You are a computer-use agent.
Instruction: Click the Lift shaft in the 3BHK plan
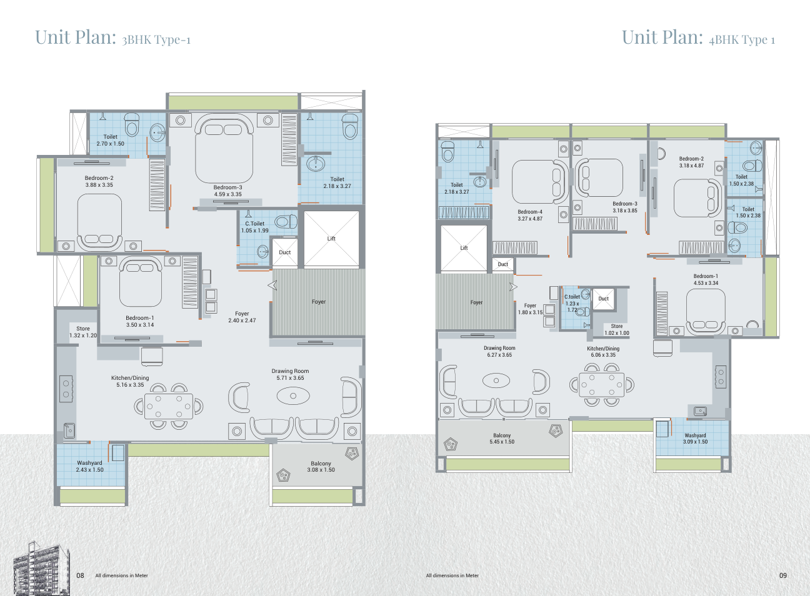331,239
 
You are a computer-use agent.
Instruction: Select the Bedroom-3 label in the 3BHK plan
227,187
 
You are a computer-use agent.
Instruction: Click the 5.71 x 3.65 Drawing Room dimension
291,378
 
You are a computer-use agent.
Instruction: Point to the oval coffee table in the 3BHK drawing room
293,395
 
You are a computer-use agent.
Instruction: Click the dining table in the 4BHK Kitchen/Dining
602,385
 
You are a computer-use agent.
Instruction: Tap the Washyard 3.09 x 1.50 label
695,439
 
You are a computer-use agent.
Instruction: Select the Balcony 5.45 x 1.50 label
502,439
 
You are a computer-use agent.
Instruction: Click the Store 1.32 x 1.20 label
83,332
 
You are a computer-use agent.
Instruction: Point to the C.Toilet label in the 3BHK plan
254,224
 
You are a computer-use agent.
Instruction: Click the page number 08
80,575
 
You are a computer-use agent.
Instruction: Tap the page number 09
783,575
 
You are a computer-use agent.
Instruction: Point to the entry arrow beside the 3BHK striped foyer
272,286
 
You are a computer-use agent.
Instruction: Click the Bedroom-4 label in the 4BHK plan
530,212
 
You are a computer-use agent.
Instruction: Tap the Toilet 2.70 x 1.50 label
110,140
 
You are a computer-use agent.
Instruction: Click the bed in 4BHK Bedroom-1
706,312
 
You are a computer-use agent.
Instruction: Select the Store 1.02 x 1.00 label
617,330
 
